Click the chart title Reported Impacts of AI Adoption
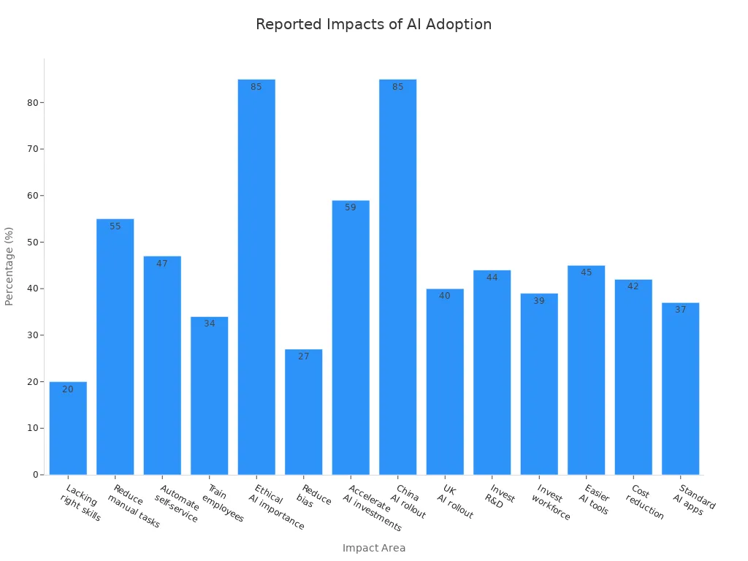(x=373, y=24)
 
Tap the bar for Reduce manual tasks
(x=115, y=347)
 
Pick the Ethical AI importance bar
(x=256, y=278)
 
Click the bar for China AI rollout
(x=397, y=278)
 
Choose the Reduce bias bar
(x=303, y=412)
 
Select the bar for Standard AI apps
(x=680, y=389)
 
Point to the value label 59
(x=351, y=207)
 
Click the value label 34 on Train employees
(x=210, y=324)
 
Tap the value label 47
(x=162, y=264)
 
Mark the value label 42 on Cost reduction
(x=633, y=286)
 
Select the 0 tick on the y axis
(x=35, y=475)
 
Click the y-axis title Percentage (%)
(x=9, y=266)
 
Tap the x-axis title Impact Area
(x=374, y=548)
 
